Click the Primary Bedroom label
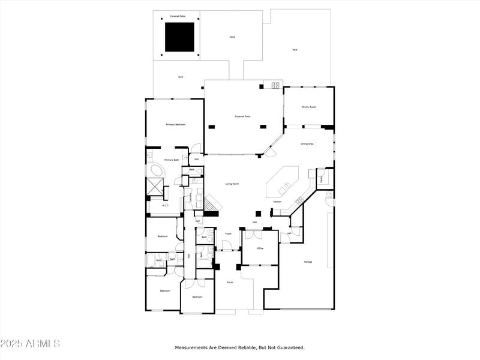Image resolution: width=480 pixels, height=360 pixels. pyautogui.click(x=175, y=124)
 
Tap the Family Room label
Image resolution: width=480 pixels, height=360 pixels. pyautogui.click(x=308, y=107)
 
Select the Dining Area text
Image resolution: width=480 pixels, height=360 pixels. pyautogui.click(x=307, y=144)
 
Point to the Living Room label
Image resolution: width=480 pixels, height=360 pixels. pyautogui.click(x=232, y=184)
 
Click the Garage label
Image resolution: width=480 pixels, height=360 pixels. pyautogui.click(x=308, y=262)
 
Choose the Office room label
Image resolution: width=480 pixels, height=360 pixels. pyautogui.click(x=260, y=248)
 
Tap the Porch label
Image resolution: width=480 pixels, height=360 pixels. pyautogui.click(x=229, y=282)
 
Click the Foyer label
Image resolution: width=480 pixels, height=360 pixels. pyautogui.click(x=228, y=233)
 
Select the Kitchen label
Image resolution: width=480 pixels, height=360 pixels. pyautogui.click(x=277, y=202)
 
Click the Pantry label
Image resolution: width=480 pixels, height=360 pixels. pyautogui.click(x=322, y=178)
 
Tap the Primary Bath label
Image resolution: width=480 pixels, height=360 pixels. pyautogui.click(x=172, y=160)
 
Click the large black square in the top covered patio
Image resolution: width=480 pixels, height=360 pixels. pyautogui.click(x=179, y=37)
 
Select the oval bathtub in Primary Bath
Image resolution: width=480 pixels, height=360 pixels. pyautogui.click(x=157, y=172)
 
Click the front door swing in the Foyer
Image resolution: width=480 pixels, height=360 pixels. pyautogui.click(x=227, y=245)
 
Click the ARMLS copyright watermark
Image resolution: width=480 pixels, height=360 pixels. pyautogui.click(x=30, y=344)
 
